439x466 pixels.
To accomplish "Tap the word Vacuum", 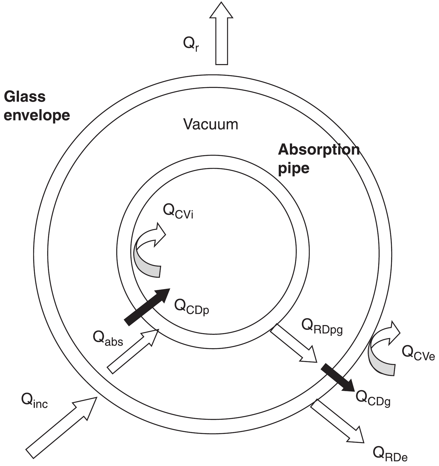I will pos(211,124).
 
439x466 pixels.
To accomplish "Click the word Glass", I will pos(25,97).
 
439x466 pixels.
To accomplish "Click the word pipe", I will pos(294,168).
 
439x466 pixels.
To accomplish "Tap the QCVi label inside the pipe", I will pos(178,212).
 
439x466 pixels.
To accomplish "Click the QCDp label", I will pos(191,307).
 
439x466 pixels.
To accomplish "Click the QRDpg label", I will pos(322,326).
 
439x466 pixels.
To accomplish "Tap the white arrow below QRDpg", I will pos(294,343).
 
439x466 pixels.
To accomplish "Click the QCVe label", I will pos(418,353).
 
